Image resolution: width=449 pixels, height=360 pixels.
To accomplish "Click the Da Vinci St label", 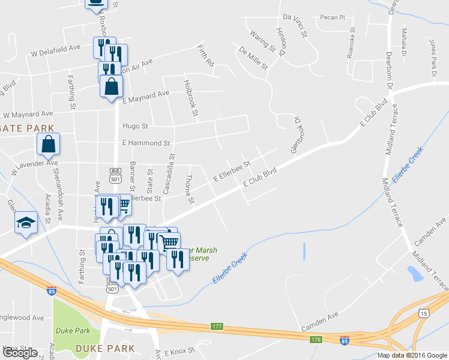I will [295, 26].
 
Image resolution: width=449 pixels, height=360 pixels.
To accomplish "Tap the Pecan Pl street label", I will [333, 17].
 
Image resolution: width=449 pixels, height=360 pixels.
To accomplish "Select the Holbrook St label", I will [191, 98].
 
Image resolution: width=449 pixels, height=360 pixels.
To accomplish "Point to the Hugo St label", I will [135, 126].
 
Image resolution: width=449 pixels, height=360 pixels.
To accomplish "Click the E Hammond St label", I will [146, 143].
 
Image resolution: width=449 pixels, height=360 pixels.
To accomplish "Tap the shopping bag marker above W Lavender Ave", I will [48, 145].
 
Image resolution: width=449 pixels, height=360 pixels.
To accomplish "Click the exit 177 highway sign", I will [217, 326].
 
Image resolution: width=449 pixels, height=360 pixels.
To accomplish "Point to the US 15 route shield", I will [424, 313].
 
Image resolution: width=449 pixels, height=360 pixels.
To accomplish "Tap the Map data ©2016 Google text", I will [412, 355].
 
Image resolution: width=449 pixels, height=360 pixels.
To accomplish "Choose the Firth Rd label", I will [206, 55].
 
